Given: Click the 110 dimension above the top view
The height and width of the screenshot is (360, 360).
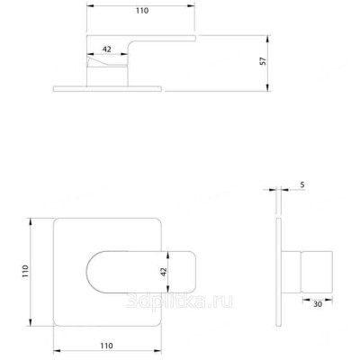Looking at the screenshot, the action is coord(142,11).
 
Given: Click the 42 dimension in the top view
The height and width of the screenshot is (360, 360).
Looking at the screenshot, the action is coord(107,49).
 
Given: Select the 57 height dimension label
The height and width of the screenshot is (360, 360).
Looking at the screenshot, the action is coord(263,61).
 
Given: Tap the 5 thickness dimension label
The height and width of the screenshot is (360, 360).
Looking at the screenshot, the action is coord(302,184).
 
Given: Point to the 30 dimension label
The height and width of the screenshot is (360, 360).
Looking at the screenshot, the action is coord(318,304).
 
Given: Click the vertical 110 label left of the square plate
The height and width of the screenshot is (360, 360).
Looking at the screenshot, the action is coord(25,271).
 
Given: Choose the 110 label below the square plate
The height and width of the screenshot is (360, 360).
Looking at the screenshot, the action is coord(106,346).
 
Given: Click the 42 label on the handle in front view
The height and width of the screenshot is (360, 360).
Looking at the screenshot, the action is coord(164,272).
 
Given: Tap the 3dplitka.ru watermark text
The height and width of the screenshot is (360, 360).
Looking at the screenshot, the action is coord(179,301).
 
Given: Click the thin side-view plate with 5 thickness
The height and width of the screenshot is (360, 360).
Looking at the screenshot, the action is coord(279,272).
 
